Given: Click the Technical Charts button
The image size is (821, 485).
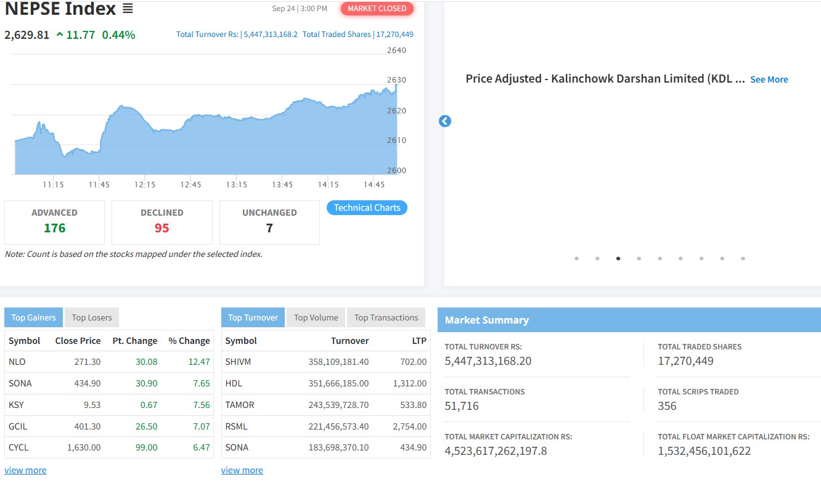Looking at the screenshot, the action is (367, 208).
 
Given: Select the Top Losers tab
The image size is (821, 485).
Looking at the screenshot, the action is (92, 317).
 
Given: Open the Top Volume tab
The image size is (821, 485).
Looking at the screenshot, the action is (316, 317).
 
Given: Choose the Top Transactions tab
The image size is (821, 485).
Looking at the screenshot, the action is (386, 317).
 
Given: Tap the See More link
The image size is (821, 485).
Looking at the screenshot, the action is (769, 79).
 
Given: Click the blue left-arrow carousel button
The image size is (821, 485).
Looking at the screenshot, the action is (445, 121).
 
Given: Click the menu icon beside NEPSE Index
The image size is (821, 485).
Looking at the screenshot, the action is (128, 9).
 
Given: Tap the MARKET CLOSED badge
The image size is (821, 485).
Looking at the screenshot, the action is (377, 9).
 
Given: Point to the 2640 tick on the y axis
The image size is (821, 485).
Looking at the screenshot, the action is (396, 50).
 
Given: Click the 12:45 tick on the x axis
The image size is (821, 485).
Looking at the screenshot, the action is (190, 184).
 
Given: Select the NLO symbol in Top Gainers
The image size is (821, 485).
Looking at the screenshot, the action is (17, 362).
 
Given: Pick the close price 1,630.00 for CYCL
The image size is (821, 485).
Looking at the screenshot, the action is (84, 447).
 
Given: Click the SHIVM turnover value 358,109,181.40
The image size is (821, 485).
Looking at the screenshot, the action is (338, 362).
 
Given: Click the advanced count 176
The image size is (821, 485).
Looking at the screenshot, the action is (55, 228).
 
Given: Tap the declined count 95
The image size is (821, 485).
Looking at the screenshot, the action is (161, 228).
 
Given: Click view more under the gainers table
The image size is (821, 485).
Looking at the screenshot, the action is (25, 470).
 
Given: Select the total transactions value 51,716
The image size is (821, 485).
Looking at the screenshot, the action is (462, 406).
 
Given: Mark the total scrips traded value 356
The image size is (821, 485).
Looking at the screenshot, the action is (667, 406).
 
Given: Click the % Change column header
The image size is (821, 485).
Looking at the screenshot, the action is (189, 341).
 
